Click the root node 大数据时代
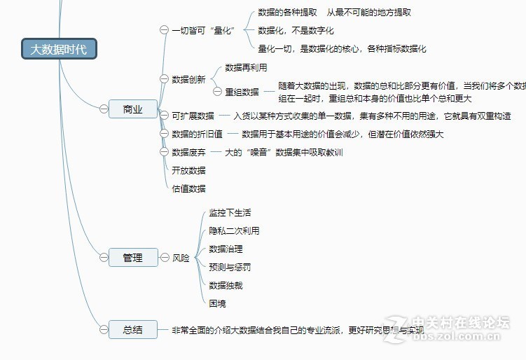(x=59, y=49)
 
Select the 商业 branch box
(x=132, y=109)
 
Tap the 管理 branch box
(x=132, y=258)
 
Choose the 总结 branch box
(x=132, y=328)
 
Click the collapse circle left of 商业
(x=104, y=109)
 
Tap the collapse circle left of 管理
(x=104, y=258)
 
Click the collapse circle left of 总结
(x=104, y=328)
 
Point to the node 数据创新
(x=188, y=79)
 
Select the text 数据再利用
(x=246, y=67)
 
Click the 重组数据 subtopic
(x=242, y=92)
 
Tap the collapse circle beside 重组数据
(x=217, y=92)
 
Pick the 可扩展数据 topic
(x=193, y=116)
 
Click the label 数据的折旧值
(x=197, y=134)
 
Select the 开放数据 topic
(x=188, y=170)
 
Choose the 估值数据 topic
(x=188, y=188)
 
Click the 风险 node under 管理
(x=181, y=258)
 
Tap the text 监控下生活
(x=230, y=212)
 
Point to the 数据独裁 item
(x=226, y=285)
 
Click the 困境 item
(x=217, y=303)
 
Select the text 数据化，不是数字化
(x=296, y=30)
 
